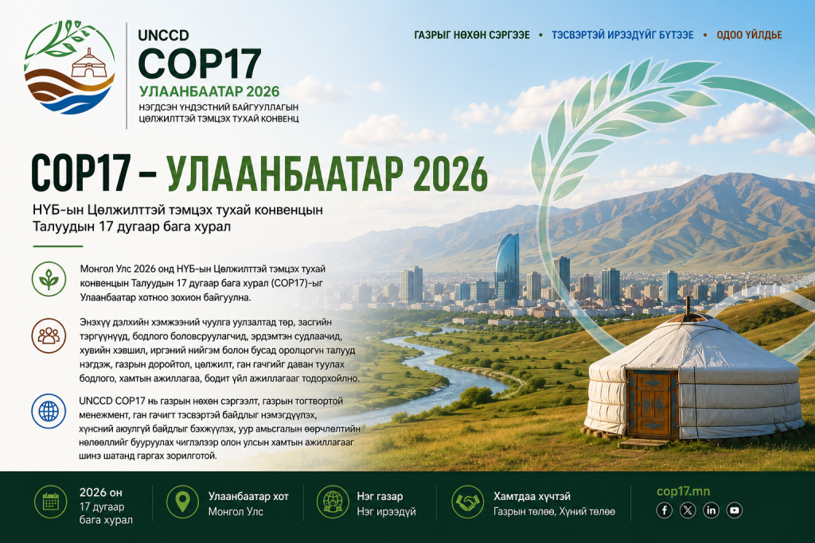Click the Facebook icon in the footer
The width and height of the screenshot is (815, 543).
[x=665, y=510]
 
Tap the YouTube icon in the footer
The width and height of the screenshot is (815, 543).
[x=735, y=510]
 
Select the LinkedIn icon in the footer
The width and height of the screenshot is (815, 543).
[x=711, y=510]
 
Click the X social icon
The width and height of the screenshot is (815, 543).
[x=688, y=510]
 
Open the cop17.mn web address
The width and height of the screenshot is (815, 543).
[x=683, y=491]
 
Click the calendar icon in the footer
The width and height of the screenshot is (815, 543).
[x=50, y=502]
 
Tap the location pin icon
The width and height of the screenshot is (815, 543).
[x=182, y=502]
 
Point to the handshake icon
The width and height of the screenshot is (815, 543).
[x=468, y=502]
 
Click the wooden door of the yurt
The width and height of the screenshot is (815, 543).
[x=652, y=404]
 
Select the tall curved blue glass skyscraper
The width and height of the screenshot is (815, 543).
[x=507, y=267]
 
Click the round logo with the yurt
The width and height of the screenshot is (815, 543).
[x=69, y=68]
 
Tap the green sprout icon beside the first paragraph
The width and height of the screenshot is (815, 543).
[x=49, y=279]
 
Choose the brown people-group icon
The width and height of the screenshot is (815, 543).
[x=49, y=335]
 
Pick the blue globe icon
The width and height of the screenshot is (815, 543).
[x=49, y=411]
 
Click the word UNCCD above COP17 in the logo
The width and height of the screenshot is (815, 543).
[x=163, y=35]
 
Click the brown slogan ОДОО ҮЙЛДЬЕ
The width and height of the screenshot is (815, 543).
[x=749, y=35]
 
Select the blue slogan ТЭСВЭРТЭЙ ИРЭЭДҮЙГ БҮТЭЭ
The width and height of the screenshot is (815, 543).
[x=622, y=35]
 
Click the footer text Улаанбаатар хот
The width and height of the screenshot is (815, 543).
[x=248, y=496]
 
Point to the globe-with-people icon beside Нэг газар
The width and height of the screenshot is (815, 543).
[x=333, y=502]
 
